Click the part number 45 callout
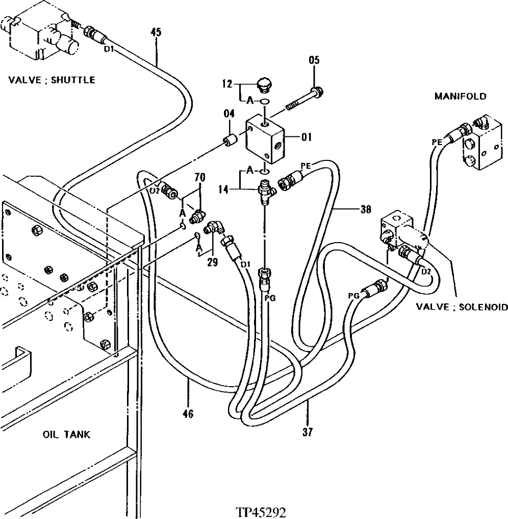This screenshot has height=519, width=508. pyautogui.click(x=156, y=32)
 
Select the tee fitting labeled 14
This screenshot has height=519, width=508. pyautogui.click(x=266, y=191)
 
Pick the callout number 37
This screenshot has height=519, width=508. pyautogui.click(x=308, y=433)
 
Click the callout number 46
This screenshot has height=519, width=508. pyautogui.click(x=188, y=414)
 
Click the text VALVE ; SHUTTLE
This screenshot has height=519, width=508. pyautogui.click(x=52, y=80)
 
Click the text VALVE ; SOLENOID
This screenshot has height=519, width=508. pyautogui.click(x=462, y=307)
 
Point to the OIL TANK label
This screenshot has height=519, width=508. pyautogui.click(x=66, y=435)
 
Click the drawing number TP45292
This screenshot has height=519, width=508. pyautogui.click(x=261, y=511)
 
